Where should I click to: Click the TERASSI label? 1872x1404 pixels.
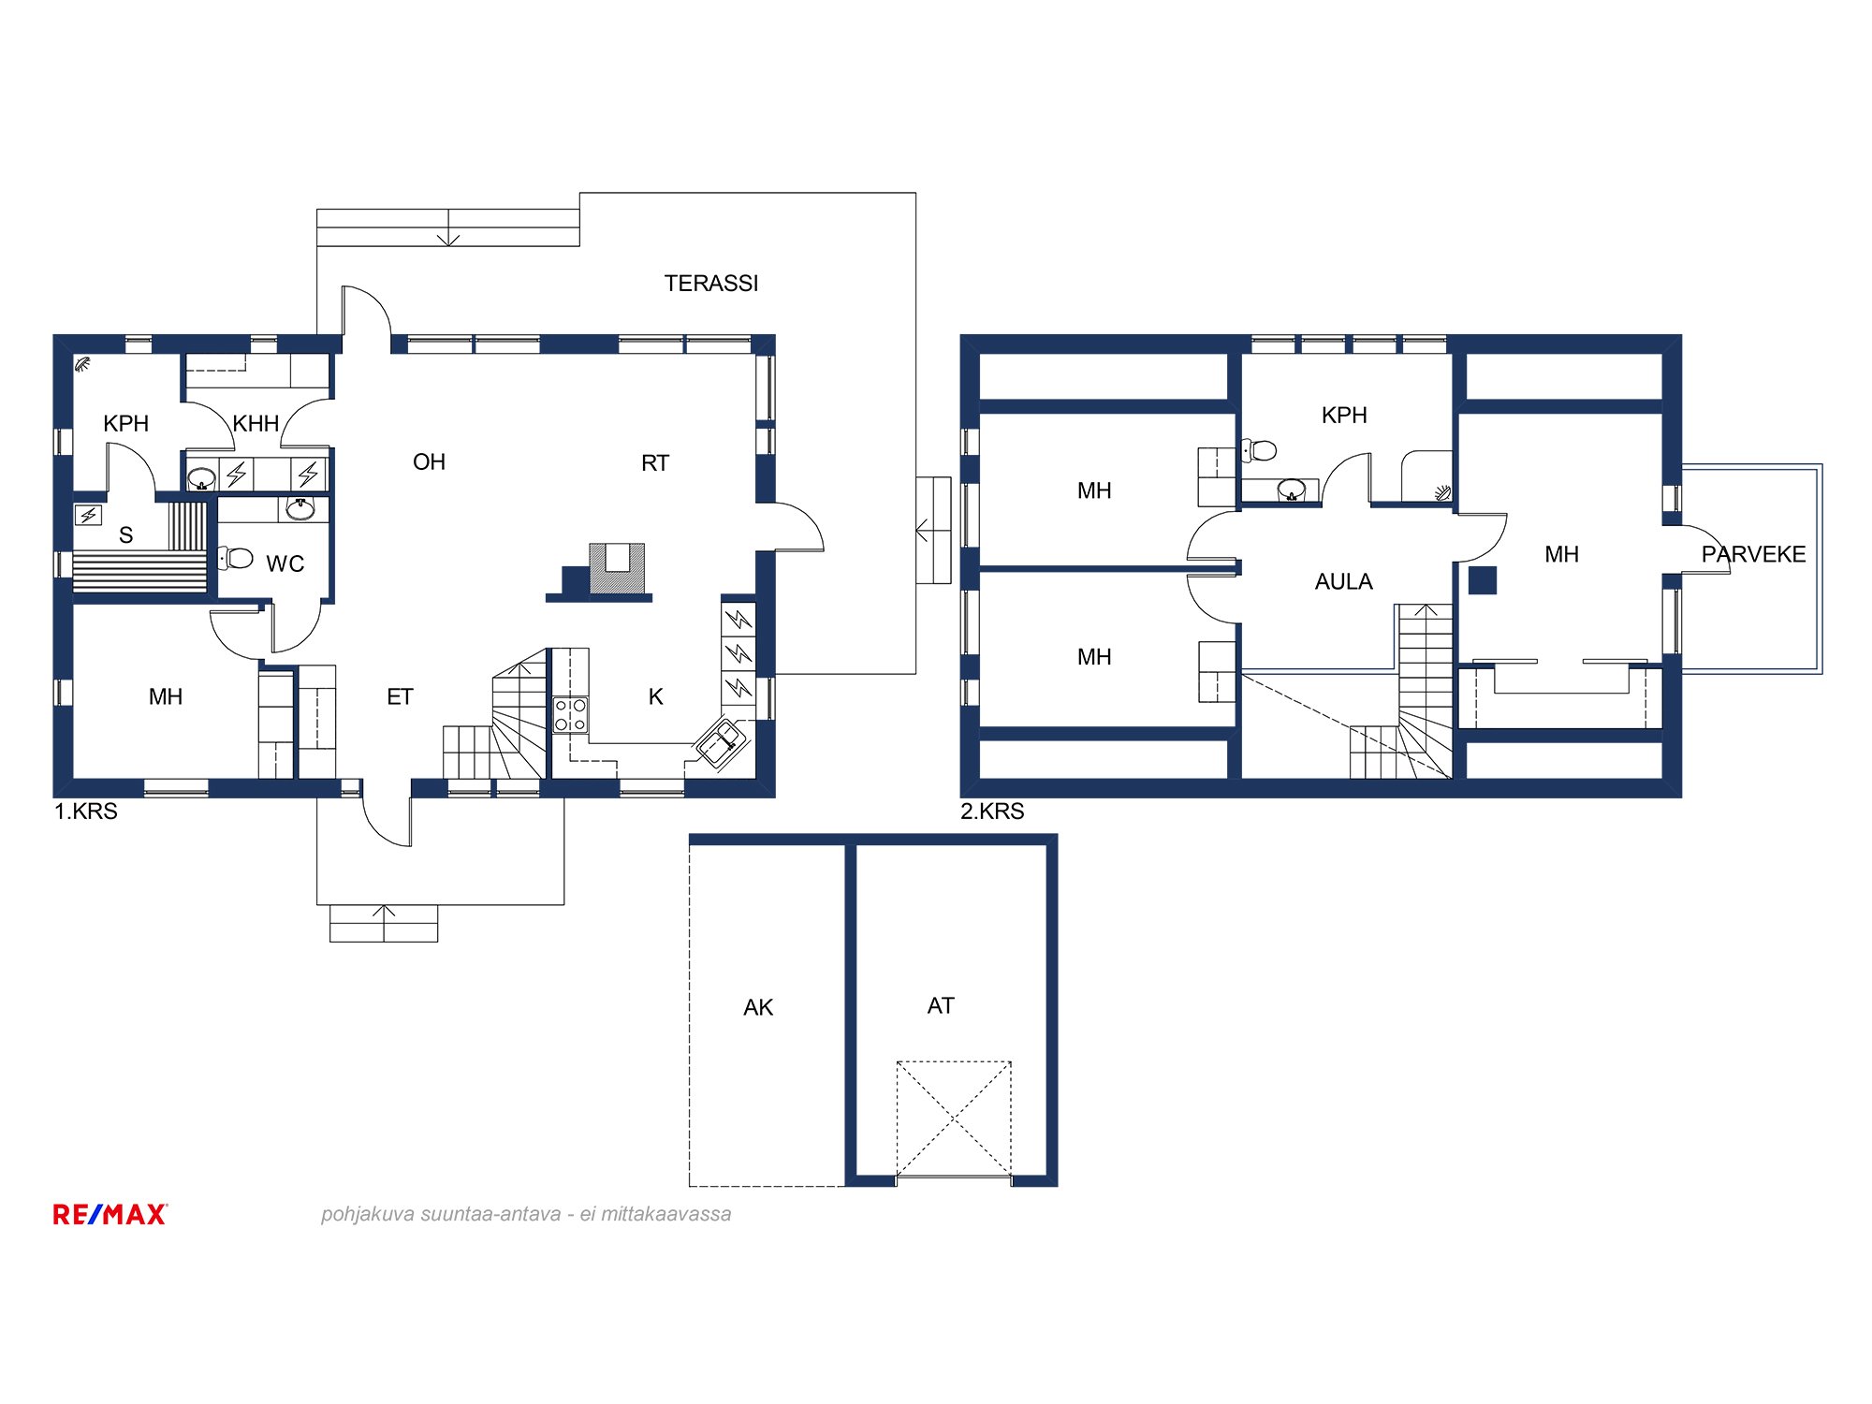(711, 284)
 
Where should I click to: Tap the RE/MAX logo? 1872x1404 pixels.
(110, 1214)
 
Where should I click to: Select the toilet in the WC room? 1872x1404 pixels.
(236, 559)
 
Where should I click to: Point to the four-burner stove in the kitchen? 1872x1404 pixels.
(570, 715)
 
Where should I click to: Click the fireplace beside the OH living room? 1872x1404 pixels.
(617, 568)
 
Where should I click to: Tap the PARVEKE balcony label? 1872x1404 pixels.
(1753, 554)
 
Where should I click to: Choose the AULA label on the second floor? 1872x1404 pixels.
(1343, 582)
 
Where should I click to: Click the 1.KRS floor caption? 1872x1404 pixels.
(86, 812)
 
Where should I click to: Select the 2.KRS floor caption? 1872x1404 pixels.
(992, 812)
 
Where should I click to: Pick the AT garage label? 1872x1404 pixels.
(941, 1006)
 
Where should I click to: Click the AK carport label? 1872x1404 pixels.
(758, 1008)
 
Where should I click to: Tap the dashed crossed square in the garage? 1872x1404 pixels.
(954, 1119)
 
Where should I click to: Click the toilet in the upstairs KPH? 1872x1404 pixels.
(1259, 451)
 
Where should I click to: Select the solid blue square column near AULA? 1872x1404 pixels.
(1482, 580)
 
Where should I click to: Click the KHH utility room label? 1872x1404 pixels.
(256, 424)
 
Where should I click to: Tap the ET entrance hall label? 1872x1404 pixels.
(400, 697)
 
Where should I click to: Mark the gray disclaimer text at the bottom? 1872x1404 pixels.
(526, 1214)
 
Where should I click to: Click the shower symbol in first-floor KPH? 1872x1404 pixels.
(83, 364)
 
